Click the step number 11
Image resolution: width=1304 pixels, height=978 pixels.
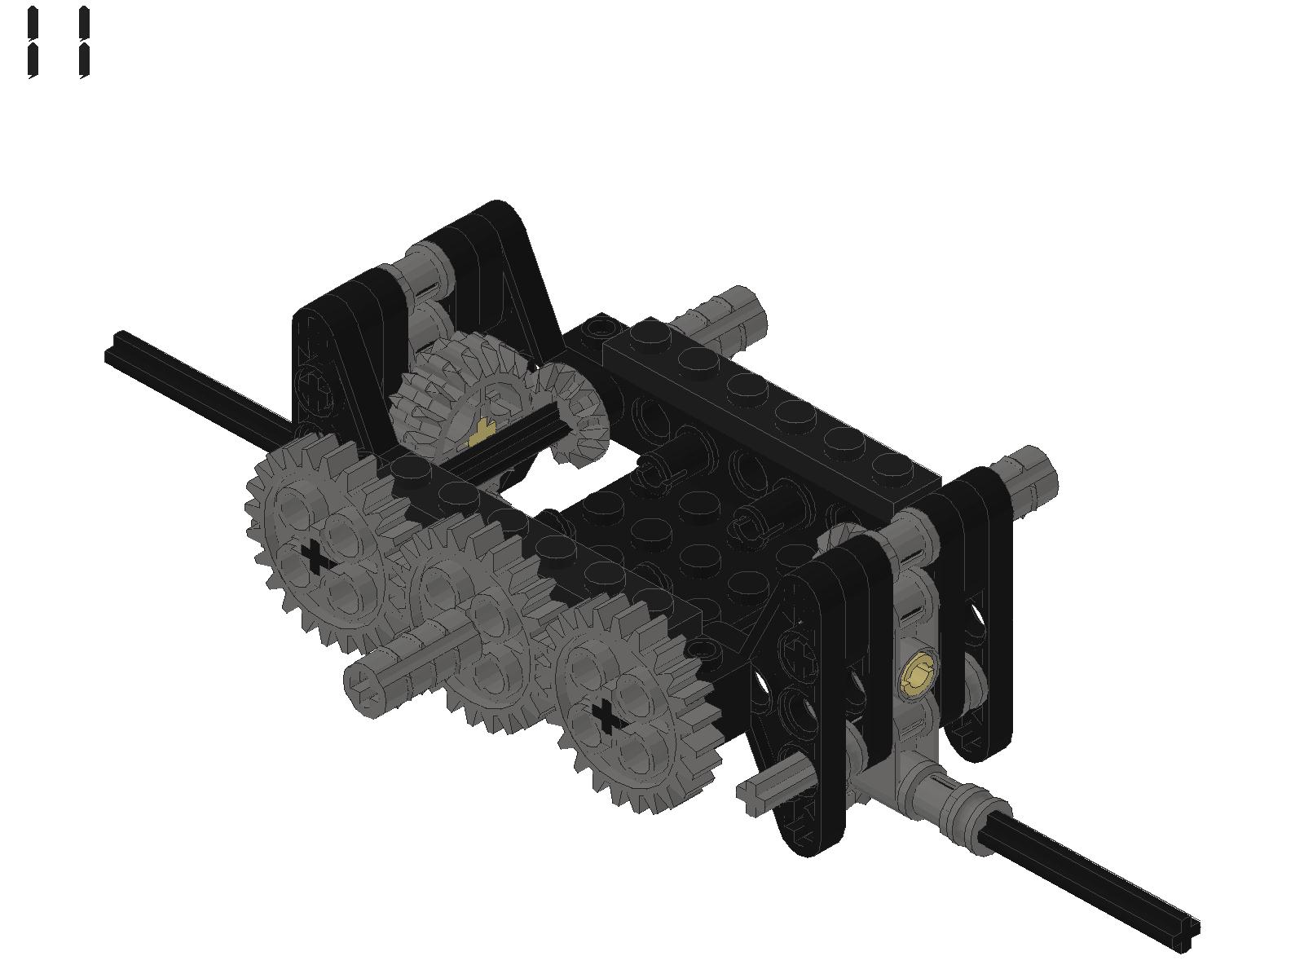tap(58, 42)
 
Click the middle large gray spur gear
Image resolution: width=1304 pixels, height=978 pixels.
tap(475, 618)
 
